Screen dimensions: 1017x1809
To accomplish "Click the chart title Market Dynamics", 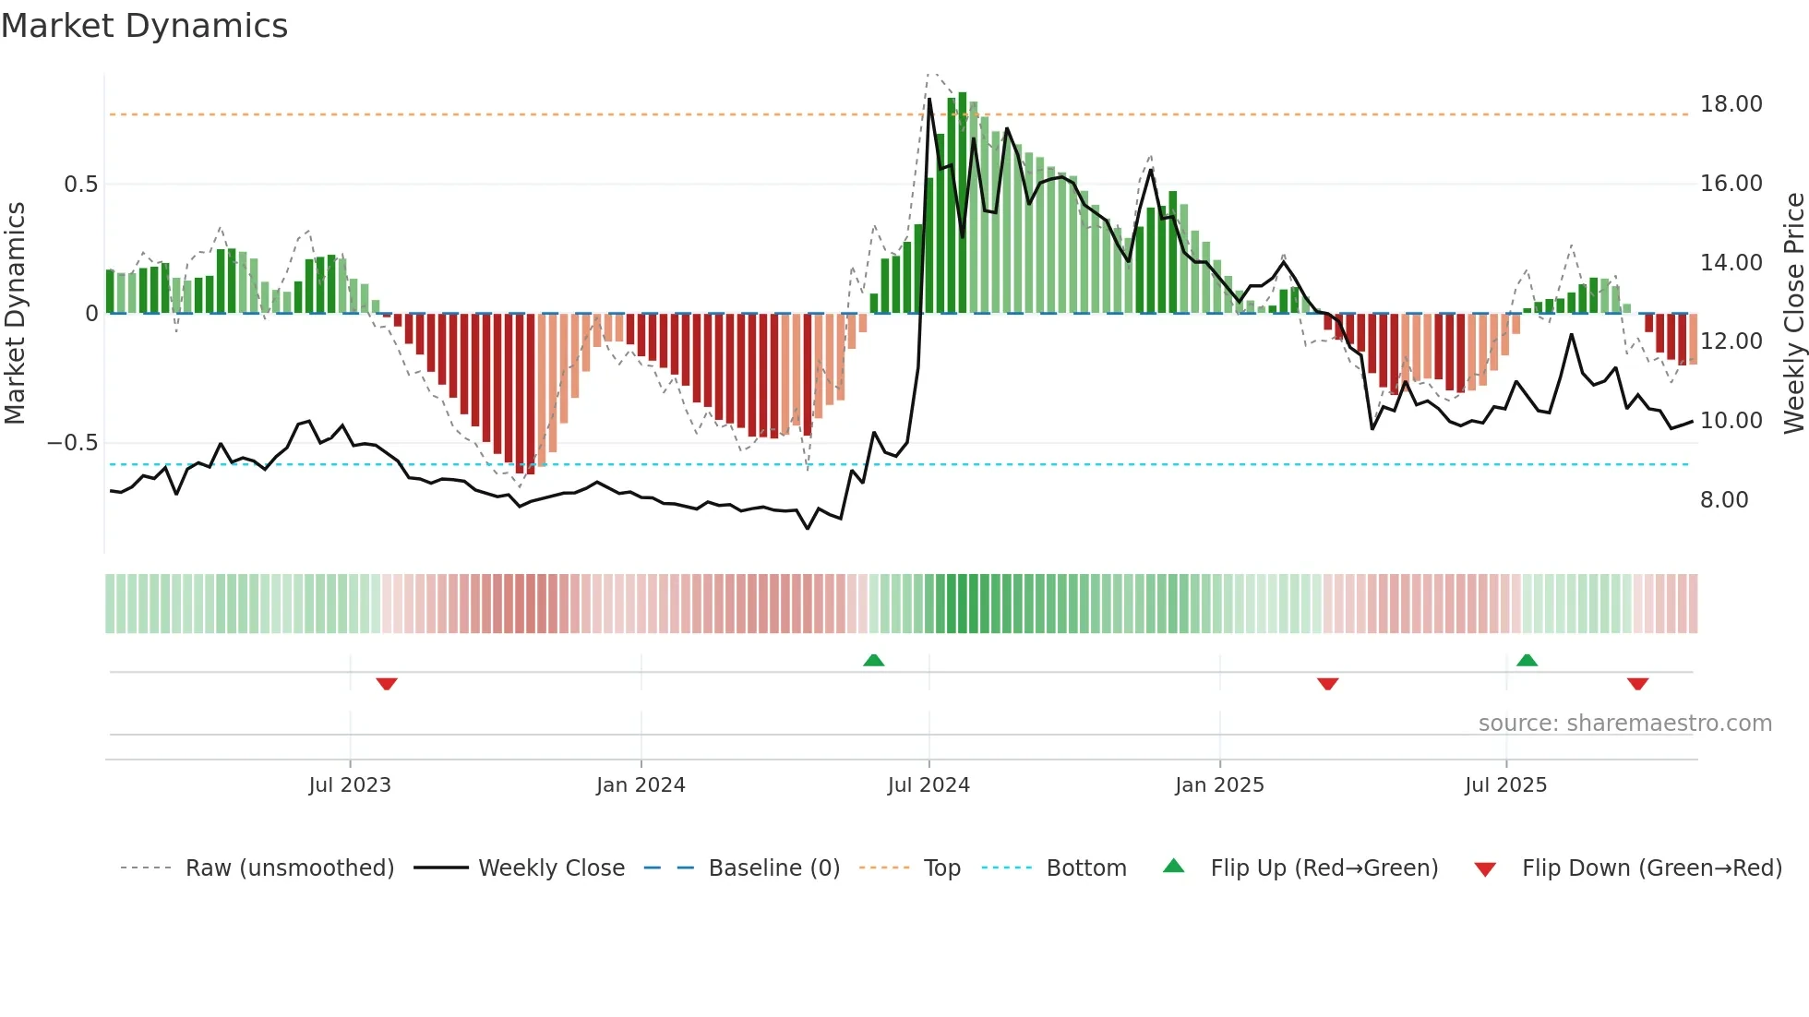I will (x=144, y=26).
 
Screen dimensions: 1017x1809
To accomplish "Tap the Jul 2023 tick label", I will (x=350, y=785).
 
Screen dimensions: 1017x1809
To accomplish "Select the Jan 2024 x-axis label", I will (x=641, y=785).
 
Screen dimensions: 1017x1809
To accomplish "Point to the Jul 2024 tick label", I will (x=928, y=785).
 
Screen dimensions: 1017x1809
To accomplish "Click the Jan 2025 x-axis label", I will (x=1219, y=785).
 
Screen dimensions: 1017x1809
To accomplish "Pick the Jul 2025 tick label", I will (x=1505, y=785).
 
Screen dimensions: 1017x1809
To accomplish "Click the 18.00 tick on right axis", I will (x=1731, y=104).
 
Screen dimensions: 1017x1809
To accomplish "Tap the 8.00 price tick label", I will (x=1724, y=500).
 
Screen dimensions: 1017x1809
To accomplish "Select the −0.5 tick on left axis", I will (x=72, y=443).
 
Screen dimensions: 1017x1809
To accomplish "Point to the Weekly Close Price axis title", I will (x=1793, y=313).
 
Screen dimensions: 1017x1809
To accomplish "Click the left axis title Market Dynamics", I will (x=15, y=313).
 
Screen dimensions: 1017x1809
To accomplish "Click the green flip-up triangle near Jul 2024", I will (x=873, y=660).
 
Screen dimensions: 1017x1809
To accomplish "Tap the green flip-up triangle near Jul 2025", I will (x=1527, y=660).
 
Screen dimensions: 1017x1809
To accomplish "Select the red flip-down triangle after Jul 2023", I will (x=387, y=684).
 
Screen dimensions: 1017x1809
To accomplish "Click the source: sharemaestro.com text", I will (x=1624, y=724).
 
